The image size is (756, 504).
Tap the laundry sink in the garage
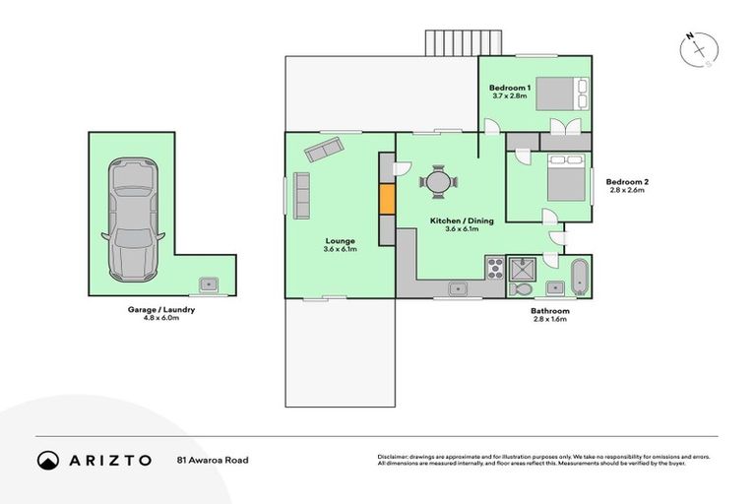pos(208,283)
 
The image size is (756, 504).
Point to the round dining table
pos(437,181)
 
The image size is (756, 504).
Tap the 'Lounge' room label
pos(340,241)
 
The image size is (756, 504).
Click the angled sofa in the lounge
pos(322,150)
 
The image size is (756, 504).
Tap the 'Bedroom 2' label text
pos(626,182)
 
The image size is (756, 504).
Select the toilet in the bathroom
pos(521,289)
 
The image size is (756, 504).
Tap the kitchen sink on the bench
pos(458,287)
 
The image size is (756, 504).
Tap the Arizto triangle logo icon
pos(47,460)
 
